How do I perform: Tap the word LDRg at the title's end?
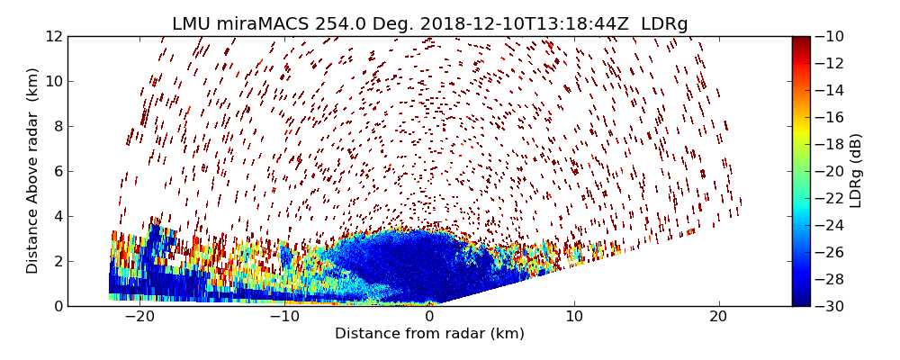tap(664, 24)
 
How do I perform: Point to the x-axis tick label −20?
tap(139, 317)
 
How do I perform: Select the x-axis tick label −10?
tap(284, 317)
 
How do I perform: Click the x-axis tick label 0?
tap(429, 317)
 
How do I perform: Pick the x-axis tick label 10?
tap(574, 317)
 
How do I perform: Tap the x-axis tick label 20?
tap(719, 317)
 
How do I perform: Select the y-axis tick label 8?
tap(58, 126)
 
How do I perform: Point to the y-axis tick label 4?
tap(58, 216)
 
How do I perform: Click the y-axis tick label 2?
tap(58, 261)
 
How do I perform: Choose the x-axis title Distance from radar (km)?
tap(429, 334)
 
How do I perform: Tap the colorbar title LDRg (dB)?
tap(856, 170)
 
